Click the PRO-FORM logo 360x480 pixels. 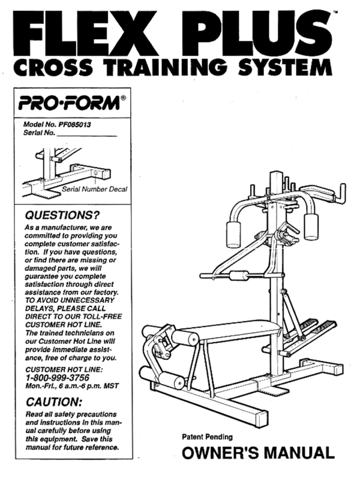(x=69, y=103)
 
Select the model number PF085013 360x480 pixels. (x=74, y=125)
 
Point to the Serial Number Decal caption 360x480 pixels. (x=95, y=189)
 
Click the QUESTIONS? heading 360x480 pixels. (x=62, y=215)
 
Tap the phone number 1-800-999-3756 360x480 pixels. (x=58, y=378)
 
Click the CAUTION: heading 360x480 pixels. (x=54, y=402)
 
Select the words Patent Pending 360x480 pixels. (x=207, y=437)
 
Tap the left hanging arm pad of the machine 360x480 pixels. (x=233, y=234)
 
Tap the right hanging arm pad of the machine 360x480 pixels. (x=311, y=227)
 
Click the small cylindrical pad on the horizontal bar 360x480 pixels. (x=238, y=275)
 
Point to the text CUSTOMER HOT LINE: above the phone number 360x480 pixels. (x=64, y=370)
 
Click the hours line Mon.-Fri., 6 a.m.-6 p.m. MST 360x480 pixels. (x=72, y=386)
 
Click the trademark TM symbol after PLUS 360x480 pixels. (x=335, y=13)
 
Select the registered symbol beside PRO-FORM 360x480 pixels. (x=123, y=98)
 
